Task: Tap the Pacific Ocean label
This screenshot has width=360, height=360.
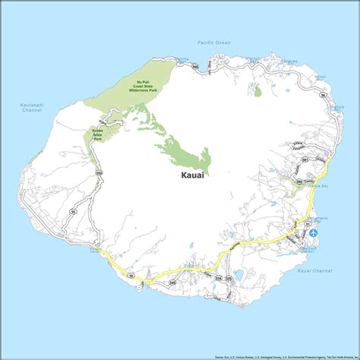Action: [213, 43]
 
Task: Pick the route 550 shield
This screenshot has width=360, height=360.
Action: [99, 174]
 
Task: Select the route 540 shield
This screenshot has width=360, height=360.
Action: [172, 283]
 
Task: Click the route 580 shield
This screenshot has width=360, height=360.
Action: [299, 182]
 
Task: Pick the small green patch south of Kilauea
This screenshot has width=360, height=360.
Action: [258, 91]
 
